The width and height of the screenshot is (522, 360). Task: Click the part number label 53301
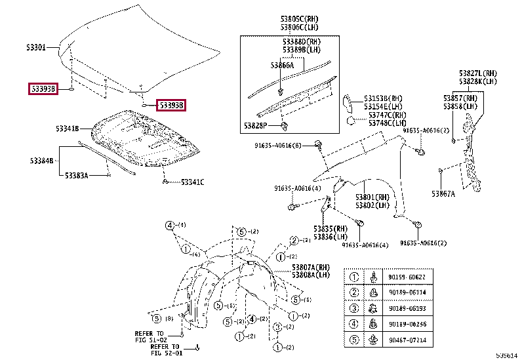click(x=36, y=48)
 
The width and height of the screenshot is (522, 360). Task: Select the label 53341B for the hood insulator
click(x=67, y=129)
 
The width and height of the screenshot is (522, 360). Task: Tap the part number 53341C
click(x=192, y=182)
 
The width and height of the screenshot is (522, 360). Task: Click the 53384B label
click(x=41, y=160)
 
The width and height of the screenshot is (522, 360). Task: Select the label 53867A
click(x=443, y=193)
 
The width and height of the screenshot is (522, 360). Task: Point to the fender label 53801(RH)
click(x=373, y=197)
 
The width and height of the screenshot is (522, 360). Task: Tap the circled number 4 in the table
click(x=353, y=324)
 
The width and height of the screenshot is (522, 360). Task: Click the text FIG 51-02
click(x=151, y=340)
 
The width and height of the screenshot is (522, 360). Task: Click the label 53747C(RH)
click(x=386, y=115)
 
